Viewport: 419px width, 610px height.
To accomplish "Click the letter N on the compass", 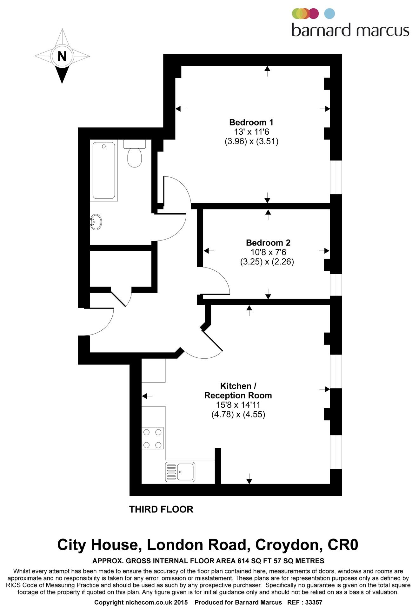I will coord(62,57).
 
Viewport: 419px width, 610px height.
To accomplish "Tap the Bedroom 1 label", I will coord(251,122).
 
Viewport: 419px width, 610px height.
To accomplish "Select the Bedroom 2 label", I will coord(268,243).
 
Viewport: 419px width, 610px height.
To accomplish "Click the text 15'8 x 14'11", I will coord(238,405).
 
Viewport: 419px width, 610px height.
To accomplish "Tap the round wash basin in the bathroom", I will coord(96,222).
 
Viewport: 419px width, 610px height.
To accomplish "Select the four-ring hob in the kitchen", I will coord(152,438).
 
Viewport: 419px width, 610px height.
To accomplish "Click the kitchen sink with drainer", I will coord(180,472).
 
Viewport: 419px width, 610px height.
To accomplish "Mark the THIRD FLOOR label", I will coord(161,509).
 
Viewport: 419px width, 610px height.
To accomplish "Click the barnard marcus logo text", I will coord(350,30).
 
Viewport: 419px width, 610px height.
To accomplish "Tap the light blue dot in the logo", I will coord(329,14).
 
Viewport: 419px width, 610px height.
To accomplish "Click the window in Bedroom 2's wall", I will coord(336,285).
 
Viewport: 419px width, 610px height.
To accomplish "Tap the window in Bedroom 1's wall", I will coord(336,177).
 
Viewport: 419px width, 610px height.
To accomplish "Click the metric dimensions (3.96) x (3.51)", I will coord(251,141).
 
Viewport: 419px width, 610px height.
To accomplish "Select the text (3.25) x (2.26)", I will coord(267,262).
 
